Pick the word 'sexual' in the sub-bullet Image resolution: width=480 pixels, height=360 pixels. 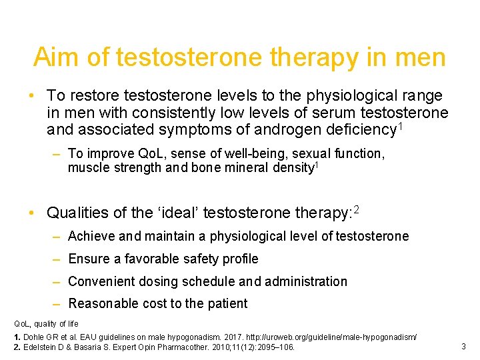point(310,154)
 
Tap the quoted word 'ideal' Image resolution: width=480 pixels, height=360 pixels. point(179,213)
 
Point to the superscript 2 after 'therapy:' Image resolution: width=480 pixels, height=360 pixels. point(357,210)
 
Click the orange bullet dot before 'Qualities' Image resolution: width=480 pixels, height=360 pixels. point(31,213)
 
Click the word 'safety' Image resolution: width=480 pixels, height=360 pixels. point(199,259)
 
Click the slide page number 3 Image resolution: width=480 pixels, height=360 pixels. point(463,346)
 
